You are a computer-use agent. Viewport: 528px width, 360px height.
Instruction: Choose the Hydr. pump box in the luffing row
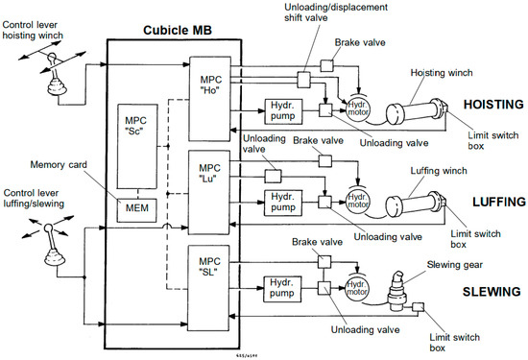[x=283, y=202]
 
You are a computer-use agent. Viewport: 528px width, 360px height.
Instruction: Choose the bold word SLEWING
[x=492, y=291]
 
